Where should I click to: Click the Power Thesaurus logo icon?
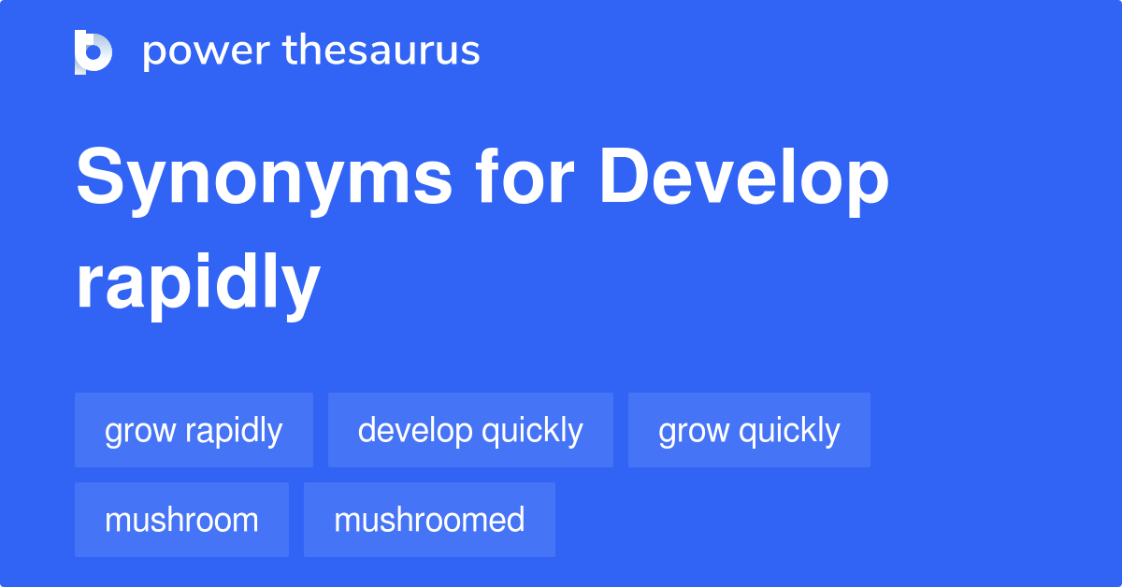pos(93,51)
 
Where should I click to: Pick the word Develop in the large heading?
pos(744,179)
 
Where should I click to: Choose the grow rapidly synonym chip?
pos(194,430)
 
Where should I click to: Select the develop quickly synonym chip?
pos(470,430)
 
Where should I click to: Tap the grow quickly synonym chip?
pos(749,430)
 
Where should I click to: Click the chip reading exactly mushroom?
pos(181,520)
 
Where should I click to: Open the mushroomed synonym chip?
pos(429,520)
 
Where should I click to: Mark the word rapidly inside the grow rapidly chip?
pos(234,431)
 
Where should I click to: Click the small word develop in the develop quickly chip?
pos(414,431)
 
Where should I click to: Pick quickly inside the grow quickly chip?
pos(789,431)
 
